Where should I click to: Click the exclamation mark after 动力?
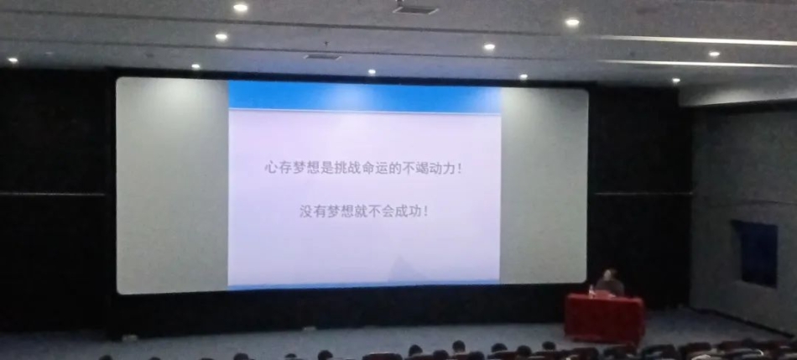click(x=460, y=168)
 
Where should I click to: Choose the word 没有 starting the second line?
click(x=312, y=211)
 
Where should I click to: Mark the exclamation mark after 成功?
click(x=425, y=211)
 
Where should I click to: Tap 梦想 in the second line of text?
click(x=340, y=211)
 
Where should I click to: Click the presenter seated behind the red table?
click(x=609, y=284)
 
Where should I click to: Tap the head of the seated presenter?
click(x=610, y=274)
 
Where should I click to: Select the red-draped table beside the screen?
click(x=604, y=317)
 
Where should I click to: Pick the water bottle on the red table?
click(x=591, y=290)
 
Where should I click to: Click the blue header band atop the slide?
click(x=364, y=96)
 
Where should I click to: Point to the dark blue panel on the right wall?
click(x=755, y=253)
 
